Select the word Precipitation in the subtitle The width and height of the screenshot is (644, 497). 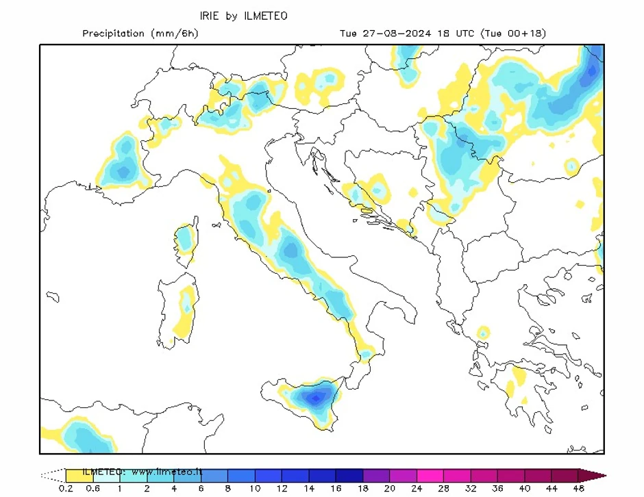click(x=114, y=34)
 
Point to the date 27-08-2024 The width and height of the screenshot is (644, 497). click(x=393, y=34)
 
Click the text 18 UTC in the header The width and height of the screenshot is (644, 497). click(x=453, y=34)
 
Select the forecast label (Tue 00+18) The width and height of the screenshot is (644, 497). click(x=514, y=34)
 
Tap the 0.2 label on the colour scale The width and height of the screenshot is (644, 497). click(x=65, y=489)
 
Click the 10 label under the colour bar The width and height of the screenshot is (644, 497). click(x=254, y=489)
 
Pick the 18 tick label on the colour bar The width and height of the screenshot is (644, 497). click(x=362, y=489)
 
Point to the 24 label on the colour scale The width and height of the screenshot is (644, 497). click(x=417, y=489)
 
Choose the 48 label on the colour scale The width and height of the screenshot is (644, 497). click(x=579, y=489)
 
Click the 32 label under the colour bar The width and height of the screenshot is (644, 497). click(x=471, y=489)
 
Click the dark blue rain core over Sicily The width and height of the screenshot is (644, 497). click(x=315, y=397)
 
